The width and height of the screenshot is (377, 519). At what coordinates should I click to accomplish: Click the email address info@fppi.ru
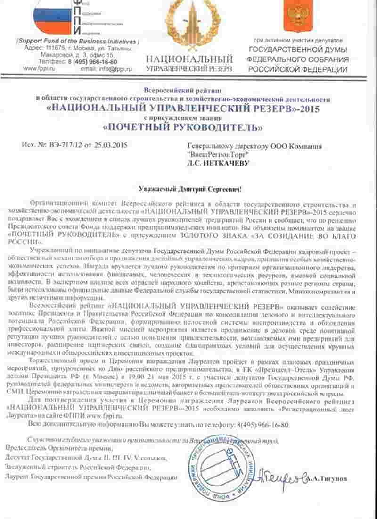107,69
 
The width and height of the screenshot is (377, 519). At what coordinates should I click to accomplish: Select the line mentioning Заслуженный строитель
78,467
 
